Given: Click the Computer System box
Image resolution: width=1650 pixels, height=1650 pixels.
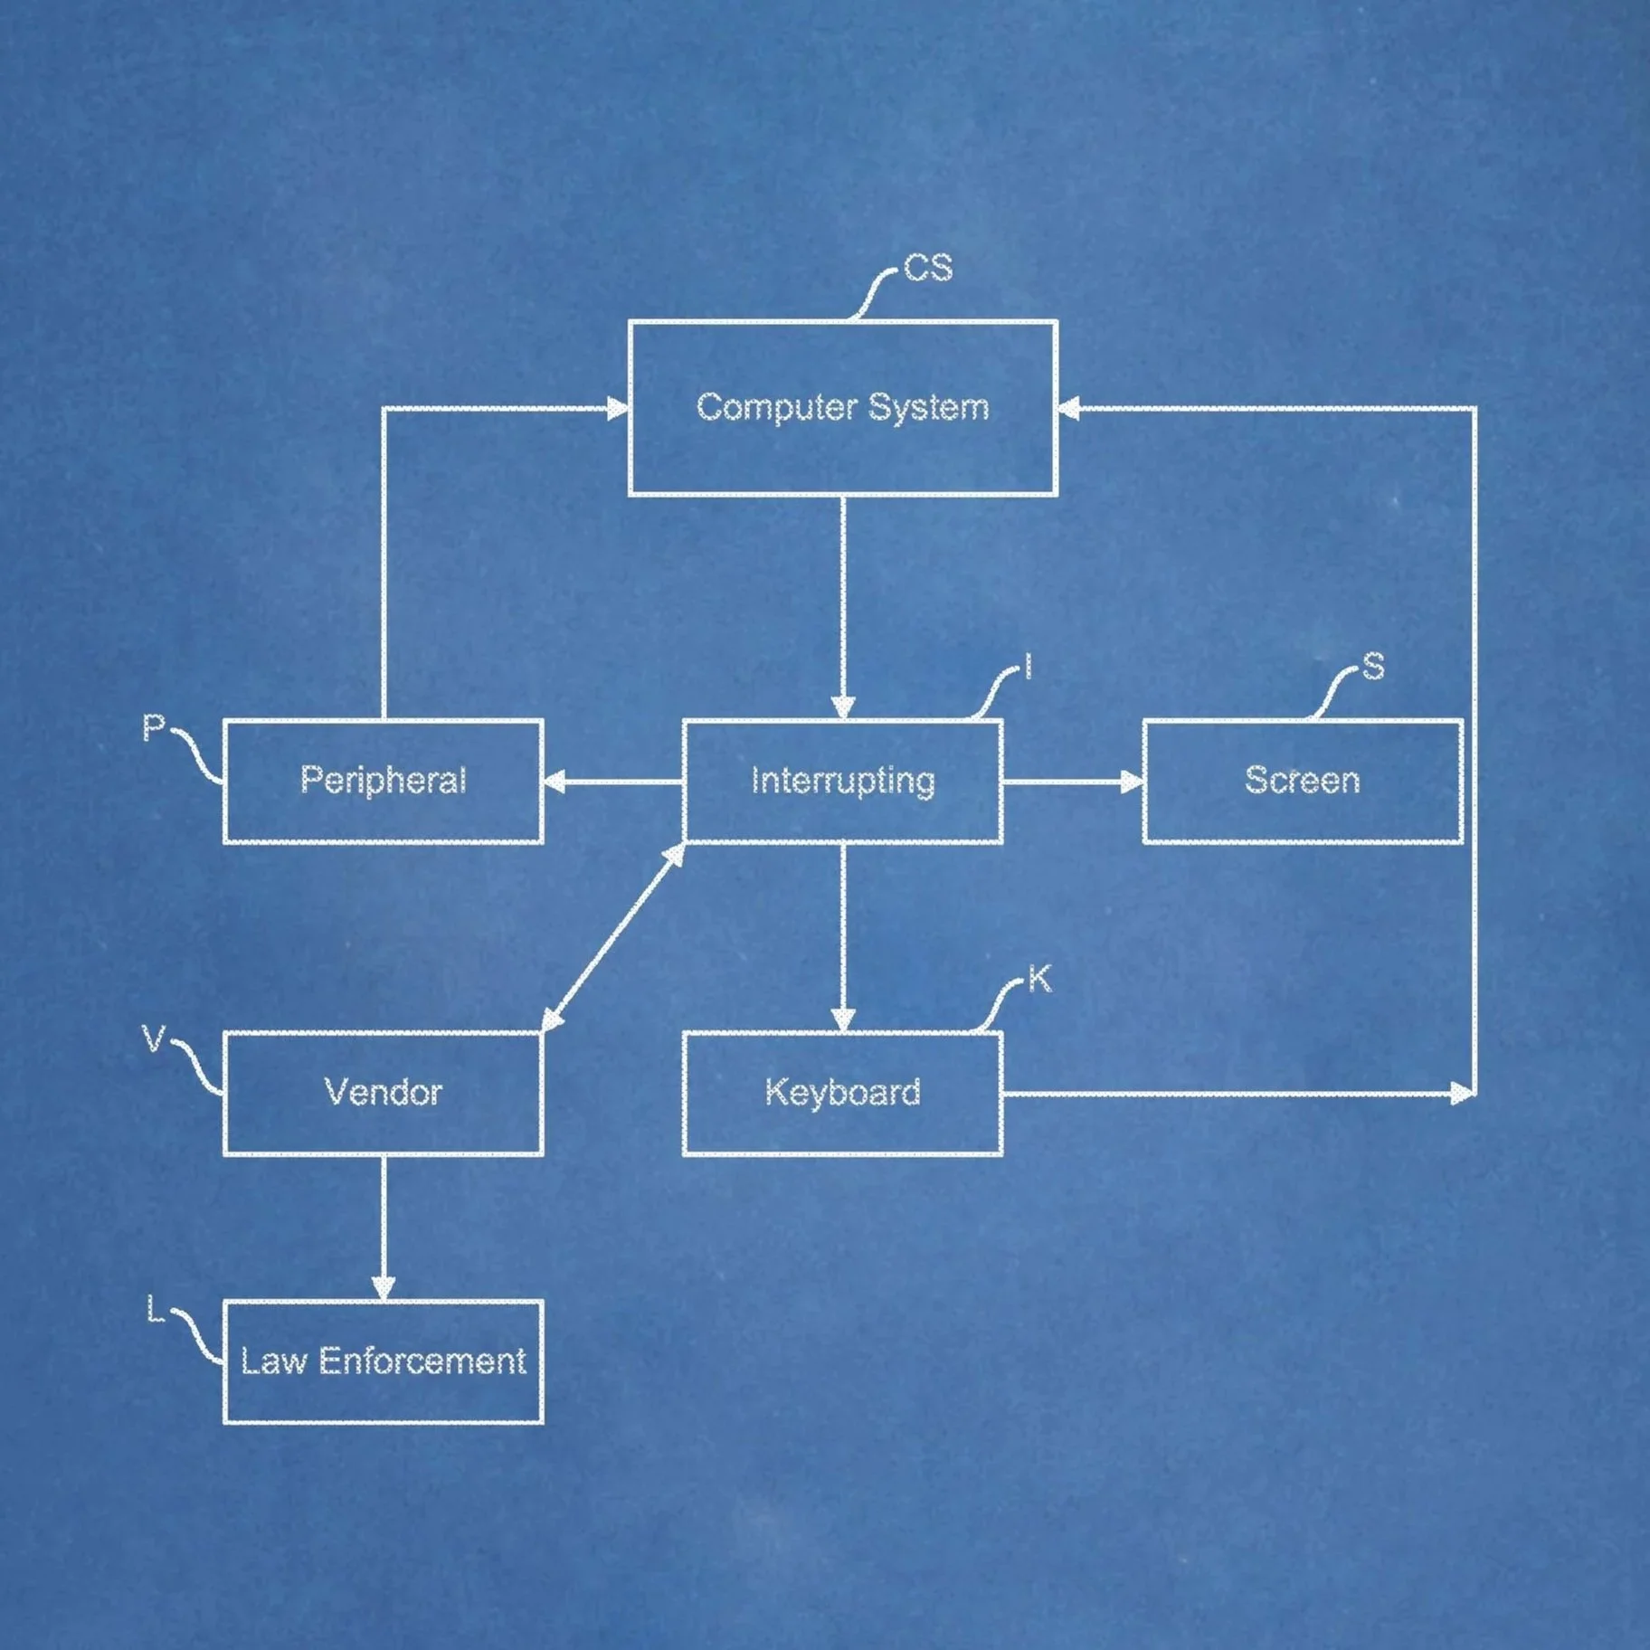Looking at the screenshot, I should point(842,407).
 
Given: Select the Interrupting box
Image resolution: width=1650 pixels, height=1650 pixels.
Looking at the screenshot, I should point(842,781).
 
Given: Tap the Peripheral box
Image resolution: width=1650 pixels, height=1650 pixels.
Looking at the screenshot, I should point(383,781).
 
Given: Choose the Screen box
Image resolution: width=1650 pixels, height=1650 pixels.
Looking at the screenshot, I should point(1302,781).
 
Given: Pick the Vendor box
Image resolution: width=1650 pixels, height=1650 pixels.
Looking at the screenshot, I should point(383,1093).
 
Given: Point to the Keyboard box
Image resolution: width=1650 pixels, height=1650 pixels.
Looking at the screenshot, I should point(842,1093).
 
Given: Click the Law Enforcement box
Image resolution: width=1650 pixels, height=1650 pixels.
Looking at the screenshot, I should point(383,1361).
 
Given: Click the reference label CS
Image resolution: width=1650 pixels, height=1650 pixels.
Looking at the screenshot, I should point(928,269).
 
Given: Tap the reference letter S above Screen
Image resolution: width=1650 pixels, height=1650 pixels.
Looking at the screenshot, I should point(1372,667).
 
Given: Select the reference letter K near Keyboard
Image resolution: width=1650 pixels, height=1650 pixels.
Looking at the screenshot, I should point(1039,980).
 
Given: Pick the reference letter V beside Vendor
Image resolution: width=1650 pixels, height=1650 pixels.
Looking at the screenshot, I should point(154,1039).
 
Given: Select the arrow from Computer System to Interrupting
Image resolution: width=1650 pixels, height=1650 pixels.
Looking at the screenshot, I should point(842,606).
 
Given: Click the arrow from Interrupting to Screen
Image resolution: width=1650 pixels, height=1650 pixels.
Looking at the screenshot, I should point(1072,782).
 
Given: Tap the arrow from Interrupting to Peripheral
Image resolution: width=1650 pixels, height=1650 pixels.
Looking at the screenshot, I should point(612,782).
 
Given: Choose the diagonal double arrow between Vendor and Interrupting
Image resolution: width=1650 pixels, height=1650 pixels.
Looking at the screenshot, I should point(613,937).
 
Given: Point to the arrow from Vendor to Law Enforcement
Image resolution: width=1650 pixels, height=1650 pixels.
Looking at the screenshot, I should point(383,1228).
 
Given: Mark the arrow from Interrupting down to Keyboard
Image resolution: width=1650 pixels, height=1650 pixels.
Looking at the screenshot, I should point(842,936).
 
